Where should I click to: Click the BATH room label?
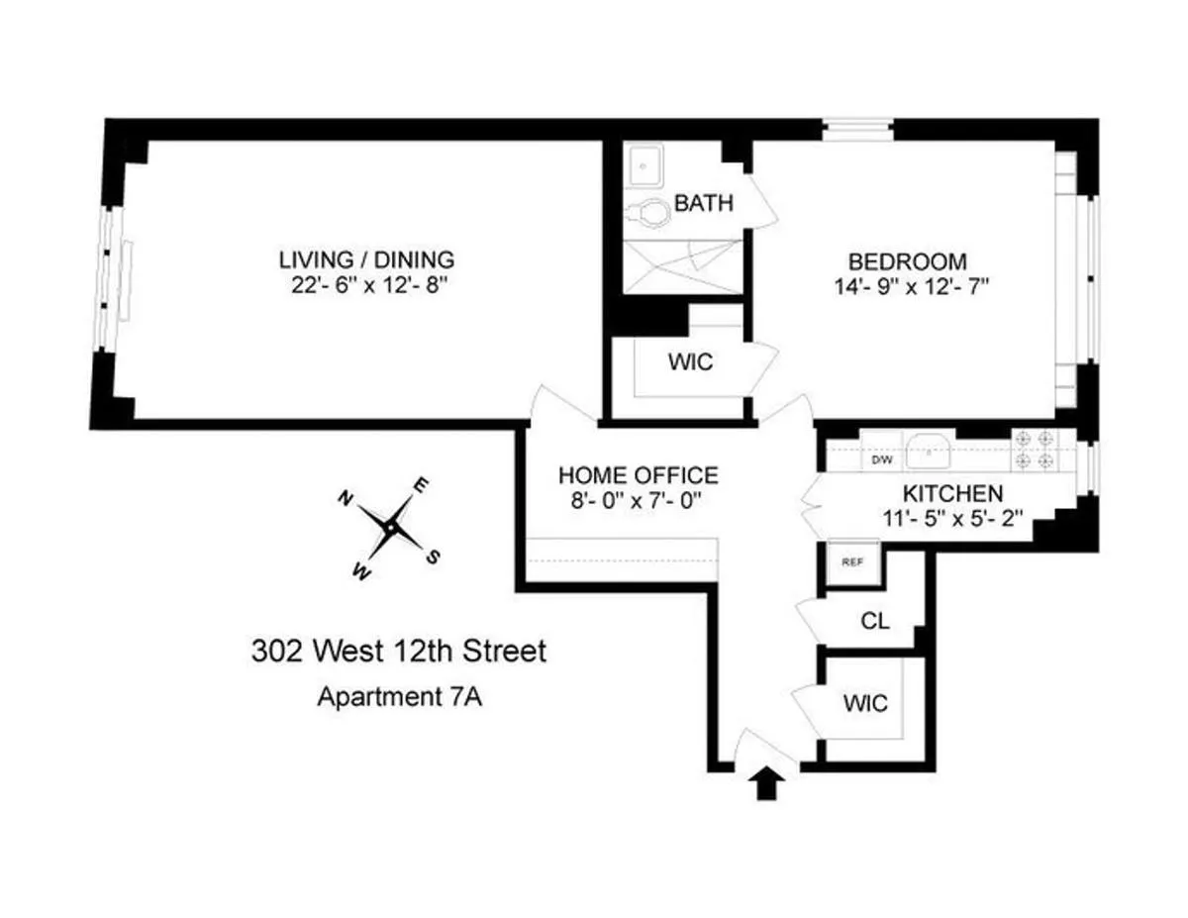(x=704, y=204)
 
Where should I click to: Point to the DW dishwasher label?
(x=880, y=460)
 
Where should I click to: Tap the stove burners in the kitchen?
(x=1036, y=449)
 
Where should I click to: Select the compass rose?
(x=393, y=528)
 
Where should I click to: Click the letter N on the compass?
(x=346, y=497)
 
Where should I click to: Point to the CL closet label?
(x=875, y=623)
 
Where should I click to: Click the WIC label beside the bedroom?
(x=690, y=362)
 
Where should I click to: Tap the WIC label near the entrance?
(x=865, y=704)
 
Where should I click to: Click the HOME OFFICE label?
(x=639, y=475)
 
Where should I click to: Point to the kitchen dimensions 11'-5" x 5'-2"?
(x=951, y=517)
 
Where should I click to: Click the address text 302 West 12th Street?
(x=398, y=652)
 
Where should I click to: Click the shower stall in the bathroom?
(x=683, y=265)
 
